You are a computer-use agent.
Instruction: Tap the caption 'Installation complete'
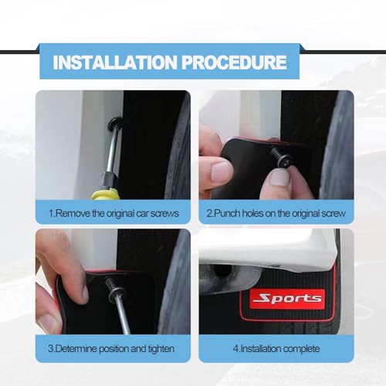276,348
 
